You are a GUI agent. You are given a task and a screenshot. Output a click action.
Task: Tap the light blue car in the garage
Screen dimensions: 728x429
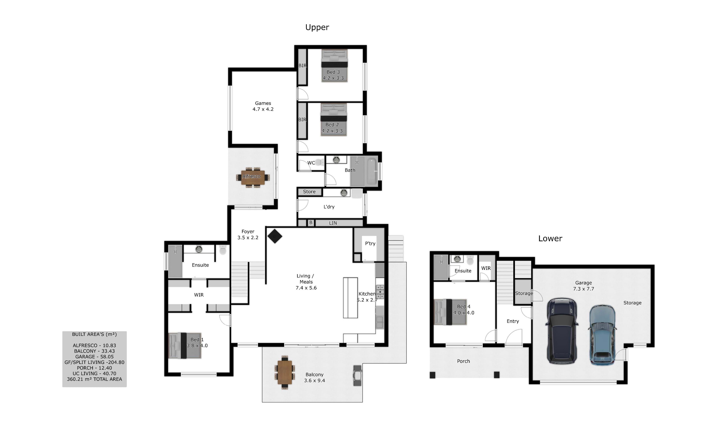602,335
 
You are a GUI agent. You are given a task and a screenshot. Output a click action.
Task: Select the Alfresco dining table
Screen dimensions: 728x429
253,177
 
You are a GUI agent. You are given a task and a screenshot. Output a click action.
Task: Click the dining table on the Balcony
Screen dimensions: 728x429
285,372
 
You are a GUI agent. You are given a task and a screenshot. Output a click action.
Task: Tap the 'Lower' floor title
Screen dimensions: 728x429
550,238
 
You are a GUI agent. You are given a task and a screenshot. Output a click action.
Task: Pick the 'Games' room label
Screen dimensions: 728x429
263,103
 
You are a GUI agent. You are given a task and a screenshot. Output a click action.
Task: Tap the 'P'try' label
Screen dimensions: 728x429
370,243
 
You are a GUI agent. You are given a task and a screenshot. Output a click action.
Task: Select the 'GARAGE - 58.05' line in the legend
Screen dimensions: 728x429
95,357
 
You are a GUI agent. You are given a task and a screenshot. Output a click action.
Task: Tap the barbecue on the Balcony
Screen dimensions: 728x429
358,376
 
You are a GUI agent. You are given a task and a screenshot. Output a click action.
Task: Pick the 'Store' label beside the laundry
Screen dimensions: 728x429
309,192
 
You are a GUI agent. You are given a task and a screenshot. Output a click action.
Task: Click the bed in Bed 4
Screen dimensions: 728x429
450,312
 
